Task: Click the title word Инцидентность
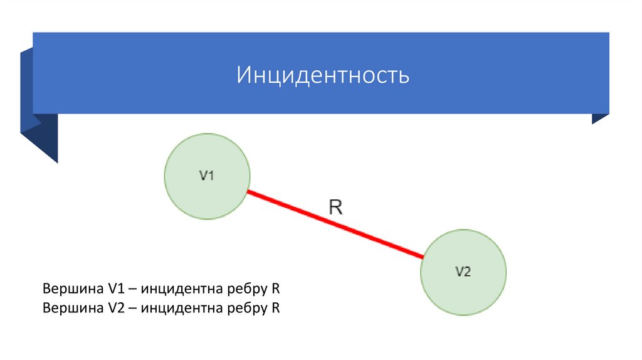(323, 75)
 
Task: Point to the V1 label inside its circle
(207, 176)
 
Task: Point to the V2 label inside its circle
(463, 272)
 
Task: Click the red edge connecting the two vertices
(335, 224)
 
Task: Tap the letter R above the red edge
(336, 207)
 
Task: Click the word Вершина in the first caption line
(68, 290)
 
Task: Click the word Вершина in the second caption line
(68, 308)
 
